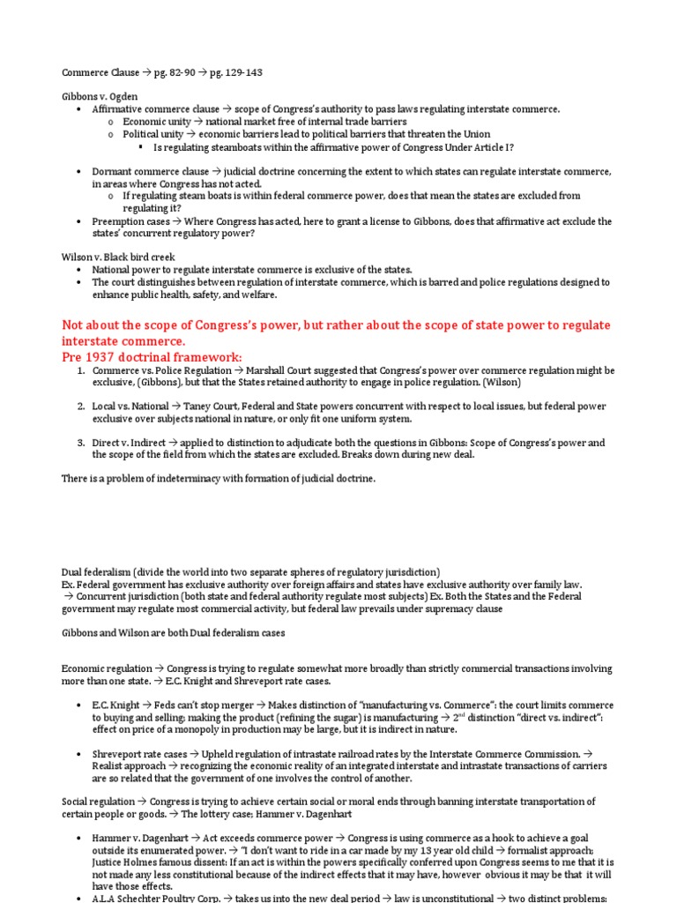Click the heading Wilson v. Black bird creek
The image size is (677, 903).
click(x=118, y=257)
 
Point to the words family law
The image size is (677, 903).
click(x=562, y=585)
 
